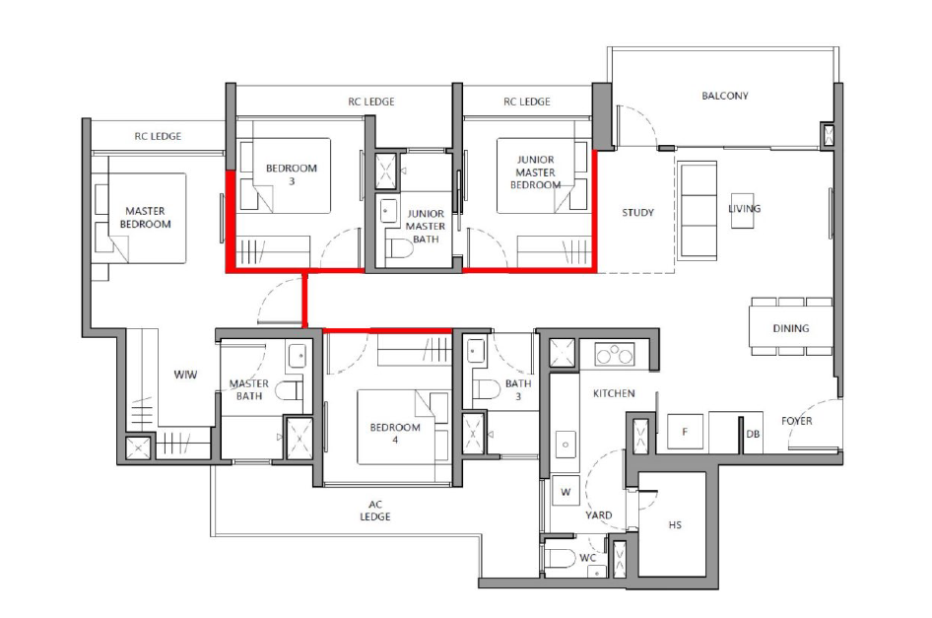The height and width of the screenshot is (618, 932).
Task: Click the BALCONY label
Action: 724,96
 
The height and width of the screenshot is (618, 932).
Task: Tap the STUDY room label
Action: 637,212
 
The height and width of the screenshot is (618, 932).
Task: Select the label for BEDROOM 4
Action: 395,434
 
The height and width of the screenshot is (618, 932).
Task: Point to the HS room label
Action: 675,525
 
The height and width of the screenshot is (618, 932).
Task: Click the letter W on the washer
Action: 566,492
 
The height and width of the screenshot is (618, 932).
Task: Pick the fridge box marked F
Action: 685,432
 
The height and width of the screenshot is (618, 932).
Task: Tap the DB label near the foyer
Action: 753,435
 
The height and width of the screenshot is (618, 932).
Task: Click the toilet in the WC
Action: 560,559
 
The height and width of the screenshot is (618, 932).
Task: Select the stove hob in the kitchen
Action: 615,355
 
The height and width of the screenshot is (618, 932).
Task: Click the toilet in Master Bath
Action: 290,391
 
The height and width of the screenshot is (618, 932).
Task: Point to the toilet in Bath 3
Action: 486,389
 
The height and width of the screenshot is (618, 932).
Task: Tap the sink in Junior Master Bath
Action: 388,211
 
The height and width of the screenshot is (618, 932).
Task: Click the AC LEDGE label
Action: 375,511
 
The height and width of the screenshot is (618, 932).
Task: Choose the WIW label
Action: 185,375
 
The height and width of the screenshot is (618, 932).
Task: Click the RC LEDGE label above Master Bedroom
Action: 158,136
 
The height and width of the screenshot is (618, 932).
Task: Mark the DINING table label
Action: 790,328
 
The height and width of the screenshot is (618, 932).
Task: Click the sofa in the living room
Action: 698,210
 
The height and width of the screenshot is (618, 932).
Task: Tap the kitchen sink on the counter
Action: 566,445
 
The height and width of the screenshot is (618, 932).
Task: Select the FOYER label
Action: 796,421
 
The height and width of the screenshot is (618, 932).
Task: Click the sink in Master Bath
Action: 298,356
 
